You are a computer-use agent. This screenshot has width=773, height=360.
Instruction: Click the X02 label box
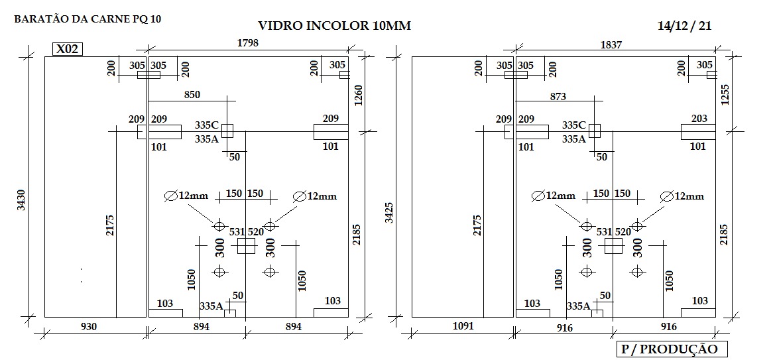coord(68,49)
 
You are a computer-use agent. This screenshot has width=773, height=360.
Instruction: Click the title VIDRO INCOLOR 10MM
coord(334,26)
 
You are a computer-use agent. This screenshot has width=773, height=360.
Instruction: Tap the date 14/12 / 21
coord(684,26)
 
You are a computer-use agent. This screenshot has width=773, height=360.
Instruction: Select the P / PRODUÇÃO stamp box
coord(672,349)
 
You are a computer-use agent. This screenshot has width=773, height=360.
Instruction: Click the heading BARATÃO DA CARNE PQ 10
coord(88,19)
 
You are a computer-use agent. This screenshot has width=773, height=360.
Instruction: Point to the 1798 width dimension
coord(248,42)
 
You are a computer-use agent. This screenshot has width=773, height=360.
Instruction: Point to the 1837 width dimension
coord(611,44)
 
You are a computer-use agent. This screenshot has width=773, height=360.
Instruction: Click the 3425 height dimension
coord(389,213)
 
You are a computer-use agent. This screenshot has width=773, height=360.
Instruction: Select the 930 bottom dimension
coord(89,326)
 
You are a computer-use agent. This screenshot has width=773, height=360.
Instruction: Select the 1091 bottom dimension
coord(463,326)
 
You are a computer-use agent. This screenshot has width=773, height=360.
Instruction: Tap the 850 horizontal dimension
coord(192,95)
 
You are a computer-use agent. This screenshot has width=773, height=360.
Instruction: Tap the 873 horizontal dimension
coord(558,97)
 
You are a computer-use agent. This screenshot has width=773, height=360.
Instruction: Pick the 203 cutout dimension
coord(699,119)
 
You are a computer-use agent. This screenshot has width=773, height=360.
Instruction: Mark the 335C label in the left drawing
coord(207,125)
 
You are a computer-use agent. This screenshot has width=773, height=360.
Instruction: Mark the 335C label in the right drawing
coord(574,125)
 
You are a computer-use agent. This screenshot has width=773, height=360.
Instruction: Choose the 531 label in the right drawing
coord(605,232)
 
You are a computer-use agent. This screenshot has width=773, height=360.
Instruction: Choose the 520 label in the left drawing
coord(255,232)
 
